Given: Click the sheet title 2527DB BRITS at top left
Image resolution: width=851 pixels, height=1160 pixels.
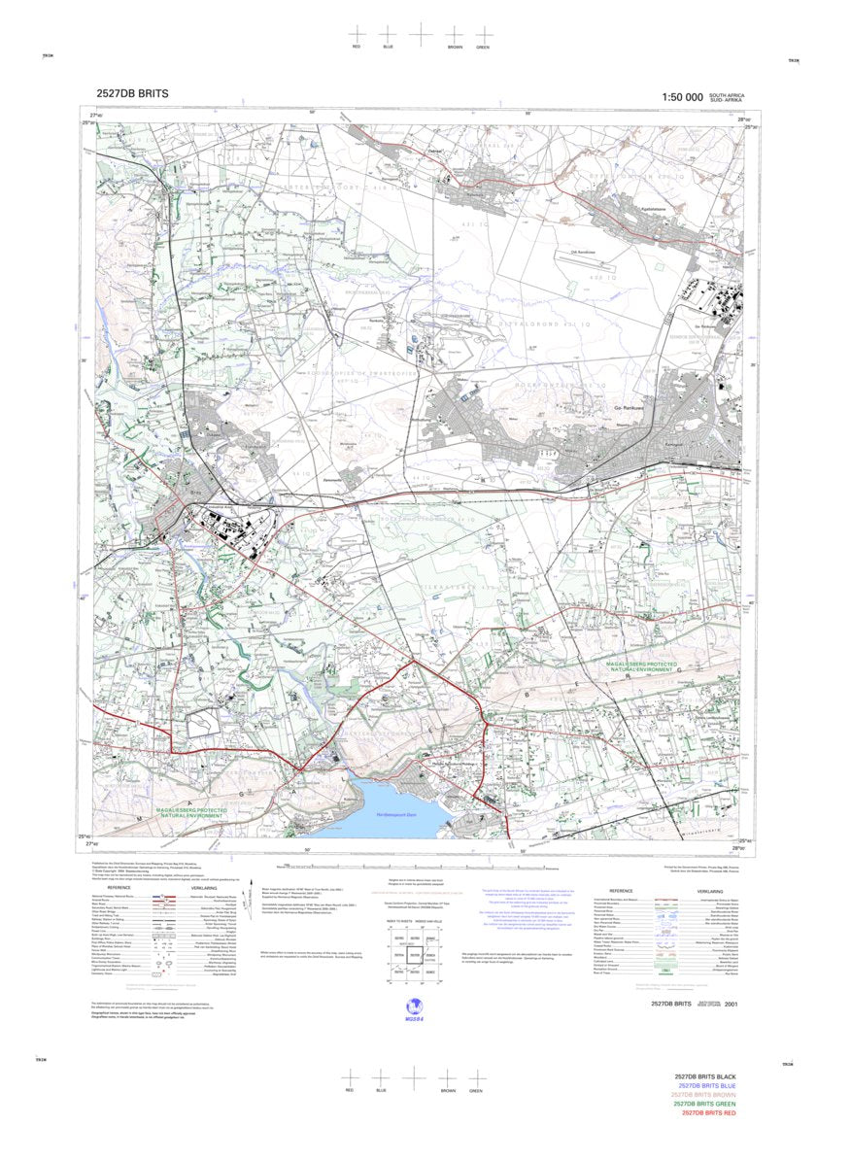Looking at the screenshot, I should [x=132, y=94].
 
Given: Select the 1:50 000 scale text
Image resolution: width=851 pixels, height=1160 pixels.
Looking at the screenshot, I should [x=682, y=97].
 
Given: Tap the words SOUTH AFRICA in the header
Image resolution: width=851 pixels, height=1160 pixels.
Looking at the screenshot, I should [x=728, y=94].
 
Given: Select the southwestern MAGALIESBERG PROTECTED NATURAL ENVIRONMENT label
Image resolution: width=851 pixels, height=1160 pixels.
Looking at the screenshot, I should [x=188, y=812].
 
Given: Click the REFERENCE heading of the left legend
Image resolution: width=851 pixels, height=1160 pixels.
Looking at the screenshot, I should [x=119, y=888].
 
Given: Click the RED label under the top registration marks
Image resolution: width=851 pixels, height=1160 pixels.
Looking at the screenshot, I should [x=357, y=47].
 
